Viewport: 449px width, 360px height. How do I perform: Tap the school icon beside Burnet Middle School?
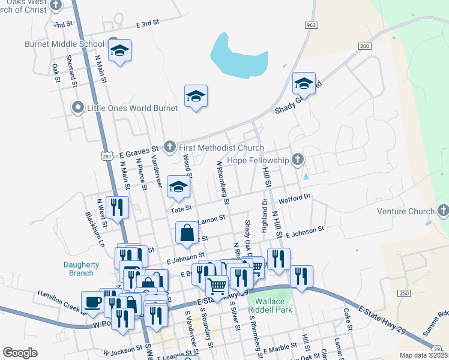point(119,50)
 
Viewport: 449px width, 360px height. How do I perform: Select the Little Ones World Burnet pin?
point(77,108)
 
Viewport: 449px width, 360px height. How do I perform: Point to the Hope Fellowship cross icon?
point(297,159)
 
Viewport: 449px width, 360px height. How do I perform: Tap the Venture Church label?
point(405,211)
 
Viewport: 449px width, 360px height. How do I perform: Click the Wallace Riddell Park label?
point(273,305)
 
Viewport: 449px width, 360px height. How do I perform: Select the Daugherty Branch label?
point(79,269)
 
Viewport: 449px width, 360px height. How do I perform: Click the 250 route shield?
point(403,293)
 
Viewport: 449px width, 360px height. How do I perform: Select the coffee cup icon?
point(92,301)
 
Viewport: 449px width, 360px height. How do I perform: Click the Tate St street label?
point(180,209)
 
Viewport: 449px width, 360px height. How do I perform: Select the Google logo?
point(20,353)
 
